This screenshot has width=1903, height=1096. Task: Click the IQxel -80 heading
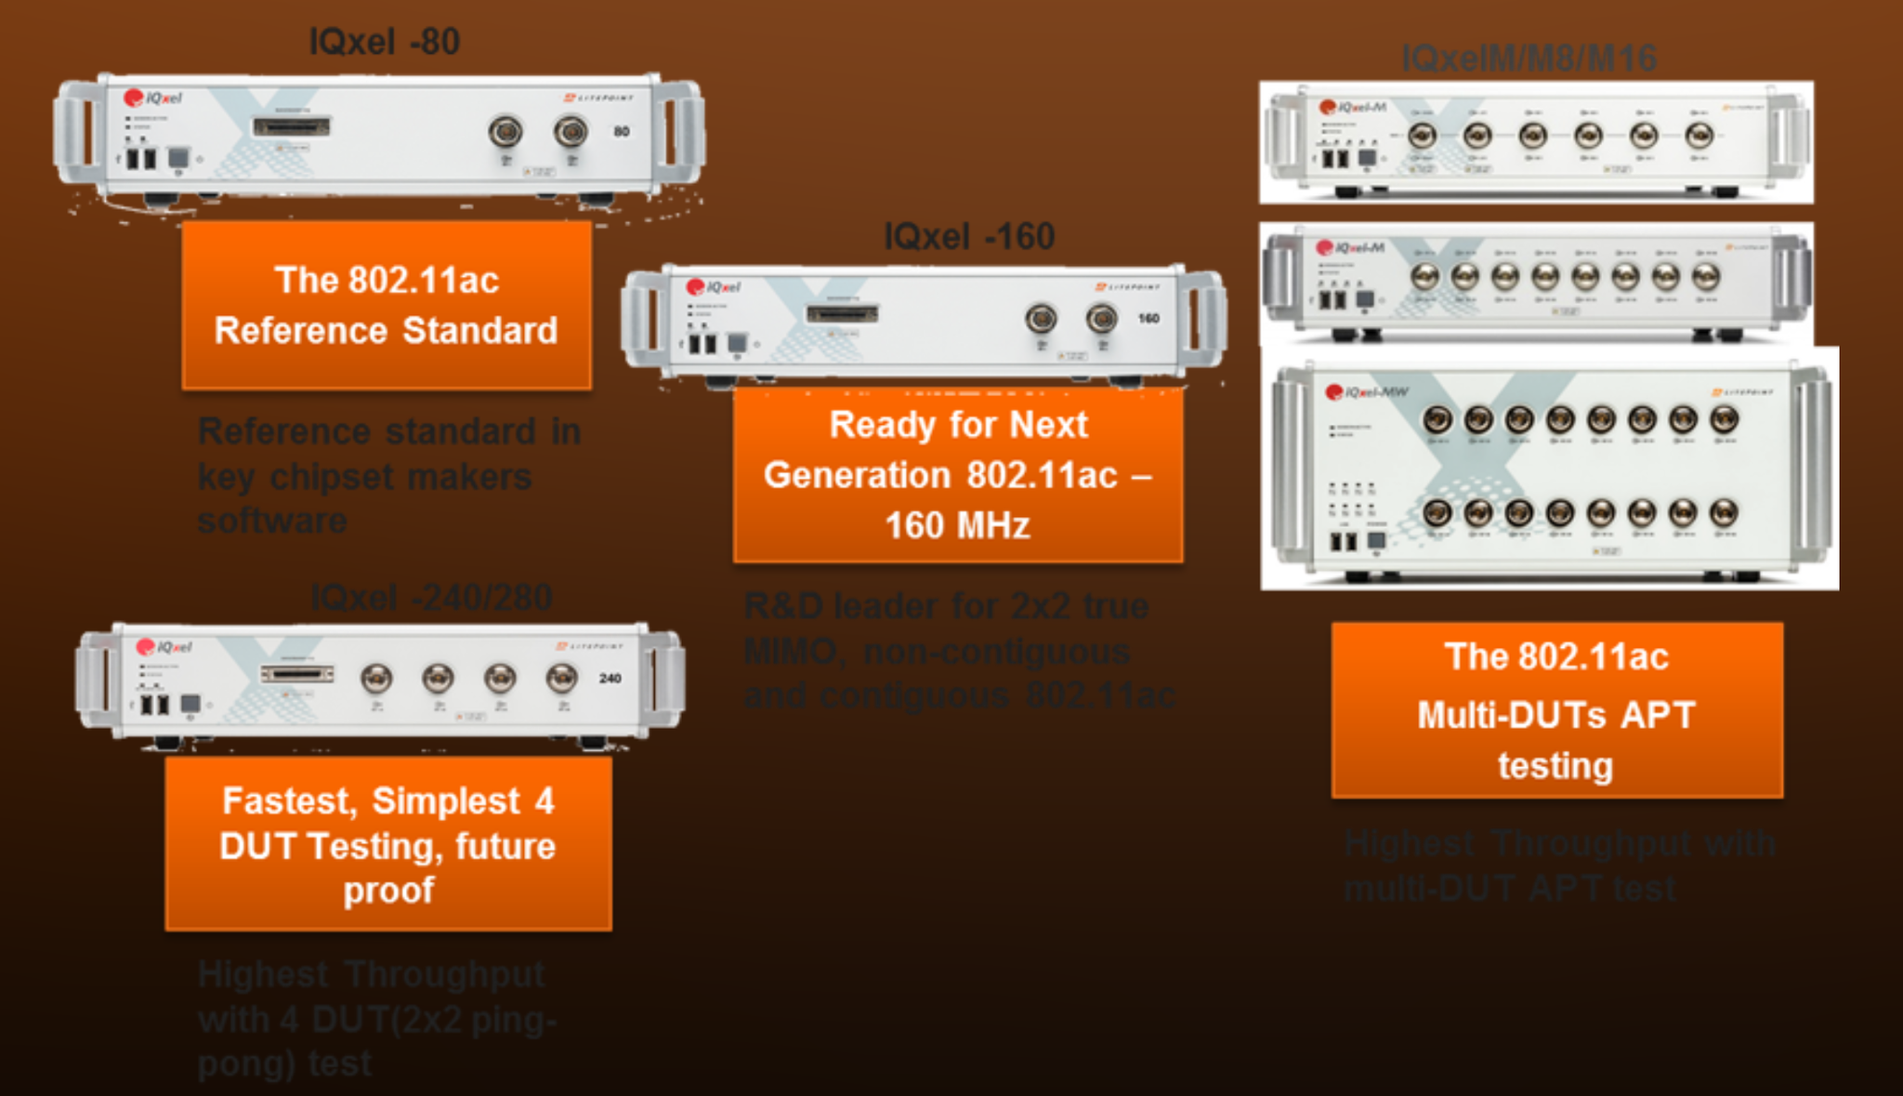(384, 42)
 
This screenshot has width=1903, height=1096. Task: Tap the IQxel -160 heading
(968, 237)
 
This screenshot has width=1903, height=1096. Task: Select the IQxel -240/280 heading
(431, 597)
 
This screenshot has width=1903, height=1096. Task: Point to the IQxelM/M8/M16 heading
(1529, 59)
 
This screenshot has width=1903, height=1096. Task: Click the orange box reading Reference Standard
(387, 305)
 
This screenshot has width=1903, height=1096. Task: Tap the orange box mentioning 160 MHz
(958, 475)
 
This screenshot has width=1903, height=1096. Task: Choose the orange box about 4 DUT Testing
(388, 844)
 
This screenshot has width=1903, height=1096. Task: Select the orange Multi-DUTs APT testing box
(1556, 710)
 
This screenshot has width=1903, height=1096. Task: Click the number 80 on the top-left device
(622, 132)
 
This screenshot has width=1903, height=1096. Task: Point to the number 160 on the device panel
(1148, 319)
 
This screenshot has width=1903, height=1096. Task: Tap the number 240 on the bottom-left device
(610, 679)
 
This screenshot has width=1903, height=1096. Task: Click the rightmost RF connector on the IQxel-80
(571, 132)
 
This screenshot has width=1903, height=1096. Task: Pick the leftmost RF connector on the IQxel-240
(376, 679)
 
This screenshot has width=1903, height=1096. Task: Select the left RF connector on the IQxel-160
(1041, 320)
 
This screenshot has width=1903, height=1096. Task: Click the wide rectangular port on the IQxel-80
(292, 126)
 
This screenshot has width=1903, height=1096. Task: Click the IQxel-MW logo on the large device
(1366, 392)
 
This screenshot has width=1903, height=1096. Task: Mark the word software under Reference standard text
(272, 521)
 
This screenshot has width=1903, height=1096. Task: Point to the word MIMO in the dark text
(791, 651)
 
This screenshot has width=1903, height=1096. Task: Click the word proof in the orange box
(388, 891)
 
